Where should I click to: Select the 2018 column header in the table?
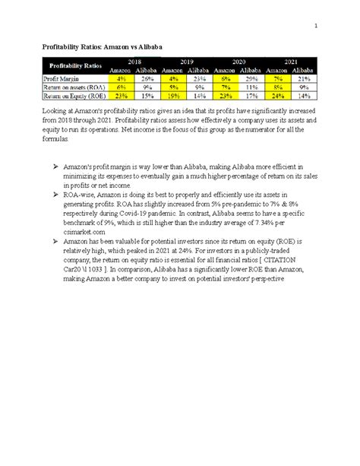coord(134,62)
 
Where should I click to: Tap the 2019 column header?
coord(187,62)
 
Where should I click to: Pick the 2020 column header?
coord(238,62)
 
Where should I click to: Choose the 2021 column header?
coord(291,62)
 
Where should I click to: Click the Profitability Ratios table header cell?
coord(74,66)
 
